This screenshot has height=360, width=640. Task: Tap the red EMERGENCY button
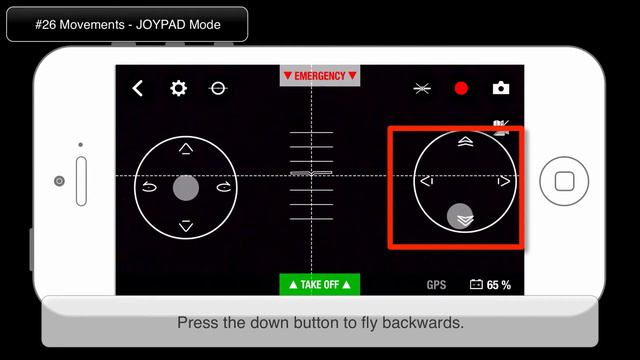[320, 76]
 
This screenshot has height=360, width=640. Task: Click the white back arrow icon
[138, 88]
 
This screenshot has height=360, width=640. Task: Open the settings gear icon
[178, 88]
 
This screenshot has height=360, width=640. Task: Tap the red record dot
[461, 88]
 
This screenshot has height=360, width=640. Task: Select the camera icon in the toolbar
[501, 88]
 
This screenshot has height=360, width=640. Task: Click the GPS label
[437, 285]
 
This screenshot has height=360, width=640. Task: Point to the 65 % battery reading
[498, 285]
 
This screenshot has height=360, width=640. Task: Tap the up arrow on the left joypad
[186, 149]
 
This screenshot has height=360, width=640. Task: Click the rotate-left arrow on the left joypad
[149, 187]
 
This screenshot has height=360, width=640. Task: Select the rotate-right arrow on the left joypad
[223, 187]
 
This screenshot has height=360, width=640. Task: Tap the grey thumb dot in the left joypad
[186, 187]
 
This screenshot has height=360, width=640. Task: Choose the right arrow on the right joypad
[504, 181]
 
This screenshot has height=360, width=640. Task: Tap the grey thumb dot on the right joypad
[461, 216]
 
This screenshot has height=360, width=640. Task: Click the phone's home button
[564, 181]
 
